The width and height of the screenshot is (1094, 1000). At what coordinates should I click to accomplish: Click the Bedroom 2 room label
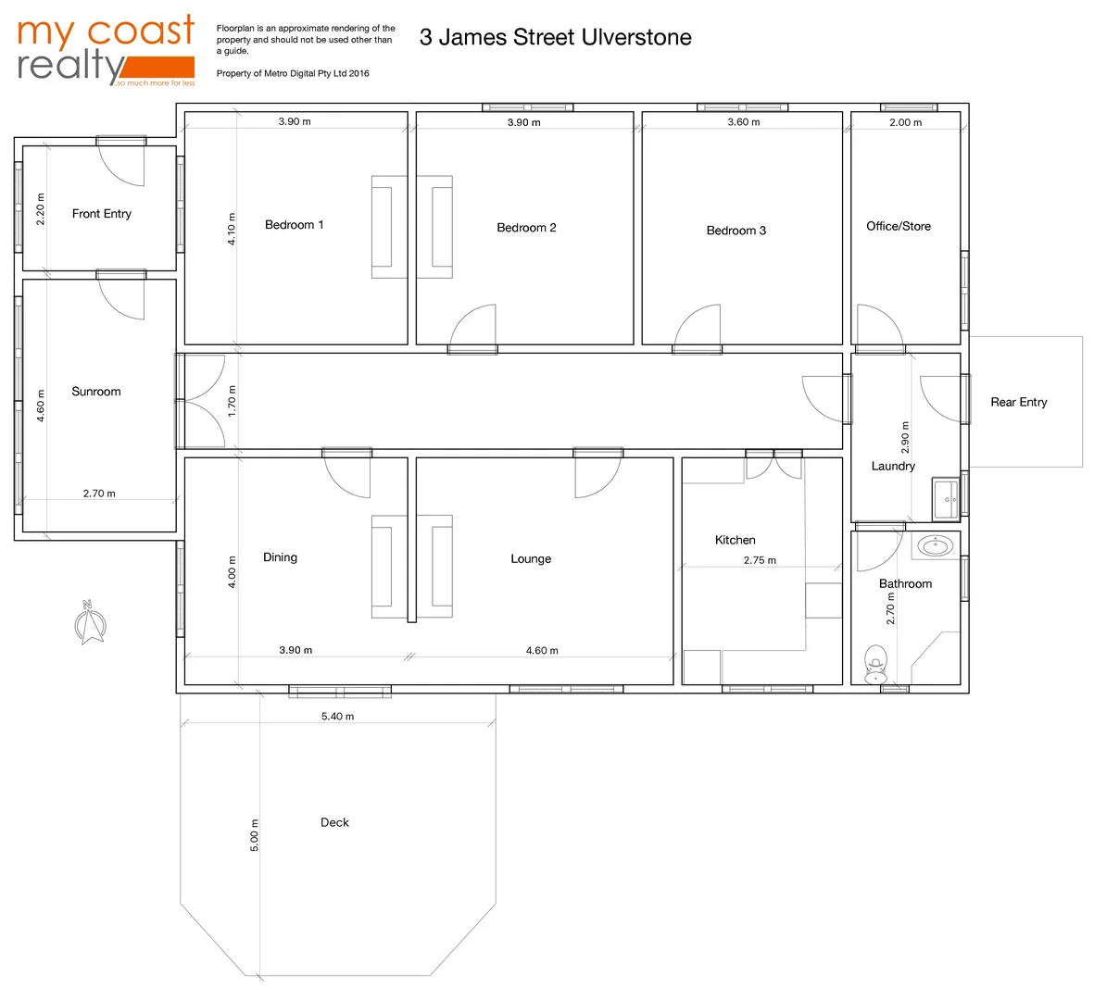coord(526,228)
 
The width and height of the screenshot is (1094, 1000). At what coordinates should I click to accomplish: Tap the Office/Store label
coord(899,226)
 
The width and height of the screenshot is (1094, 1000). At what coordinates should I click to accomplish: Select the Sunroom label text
coord(96,392)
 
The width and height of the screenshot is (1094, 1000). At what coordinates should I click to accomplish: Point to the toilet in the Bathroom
coord(875,664)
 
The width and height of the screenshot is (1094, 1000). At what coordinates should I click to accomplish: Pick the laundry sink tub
coord(946,500)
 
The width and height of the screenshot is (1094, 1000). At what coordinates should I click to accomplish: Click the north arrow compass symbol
coord(90,623)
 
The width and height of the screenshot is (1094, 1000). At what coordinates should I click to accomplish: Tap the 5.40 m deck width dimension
coord(337,717)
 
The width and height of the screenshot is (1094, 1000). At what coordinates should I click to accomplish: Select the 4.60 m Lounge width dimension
coord(542,651)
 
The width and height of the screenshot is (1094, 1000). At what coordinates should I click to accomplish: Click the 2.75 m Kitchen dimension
coord(760,560)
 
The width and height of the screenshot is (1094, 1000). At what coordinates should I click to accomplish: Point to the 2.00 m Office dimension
coord(905,122)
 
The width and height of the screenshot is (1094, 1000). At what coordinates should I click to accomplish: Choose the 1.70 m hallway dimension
coord(233,401)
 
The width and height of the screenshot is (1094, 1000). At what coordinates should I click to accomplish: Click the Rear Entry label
coord(1019,402)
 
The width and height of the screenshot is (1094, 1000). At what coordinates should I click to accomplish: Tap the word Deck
coord(334,822)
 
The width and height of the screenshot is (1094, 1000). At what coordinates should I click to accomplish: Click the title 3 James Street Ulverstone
coord(555,37)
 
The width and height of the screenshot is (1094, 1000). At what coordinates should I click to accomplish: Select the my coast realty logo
coord(106,51)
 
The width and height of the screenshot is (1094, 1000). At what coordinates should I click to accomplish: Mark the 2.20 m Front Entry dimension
coord(41,209)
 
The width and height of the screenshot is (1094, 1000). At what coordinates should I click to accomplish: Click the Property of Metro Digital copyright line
coord(293,73)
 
